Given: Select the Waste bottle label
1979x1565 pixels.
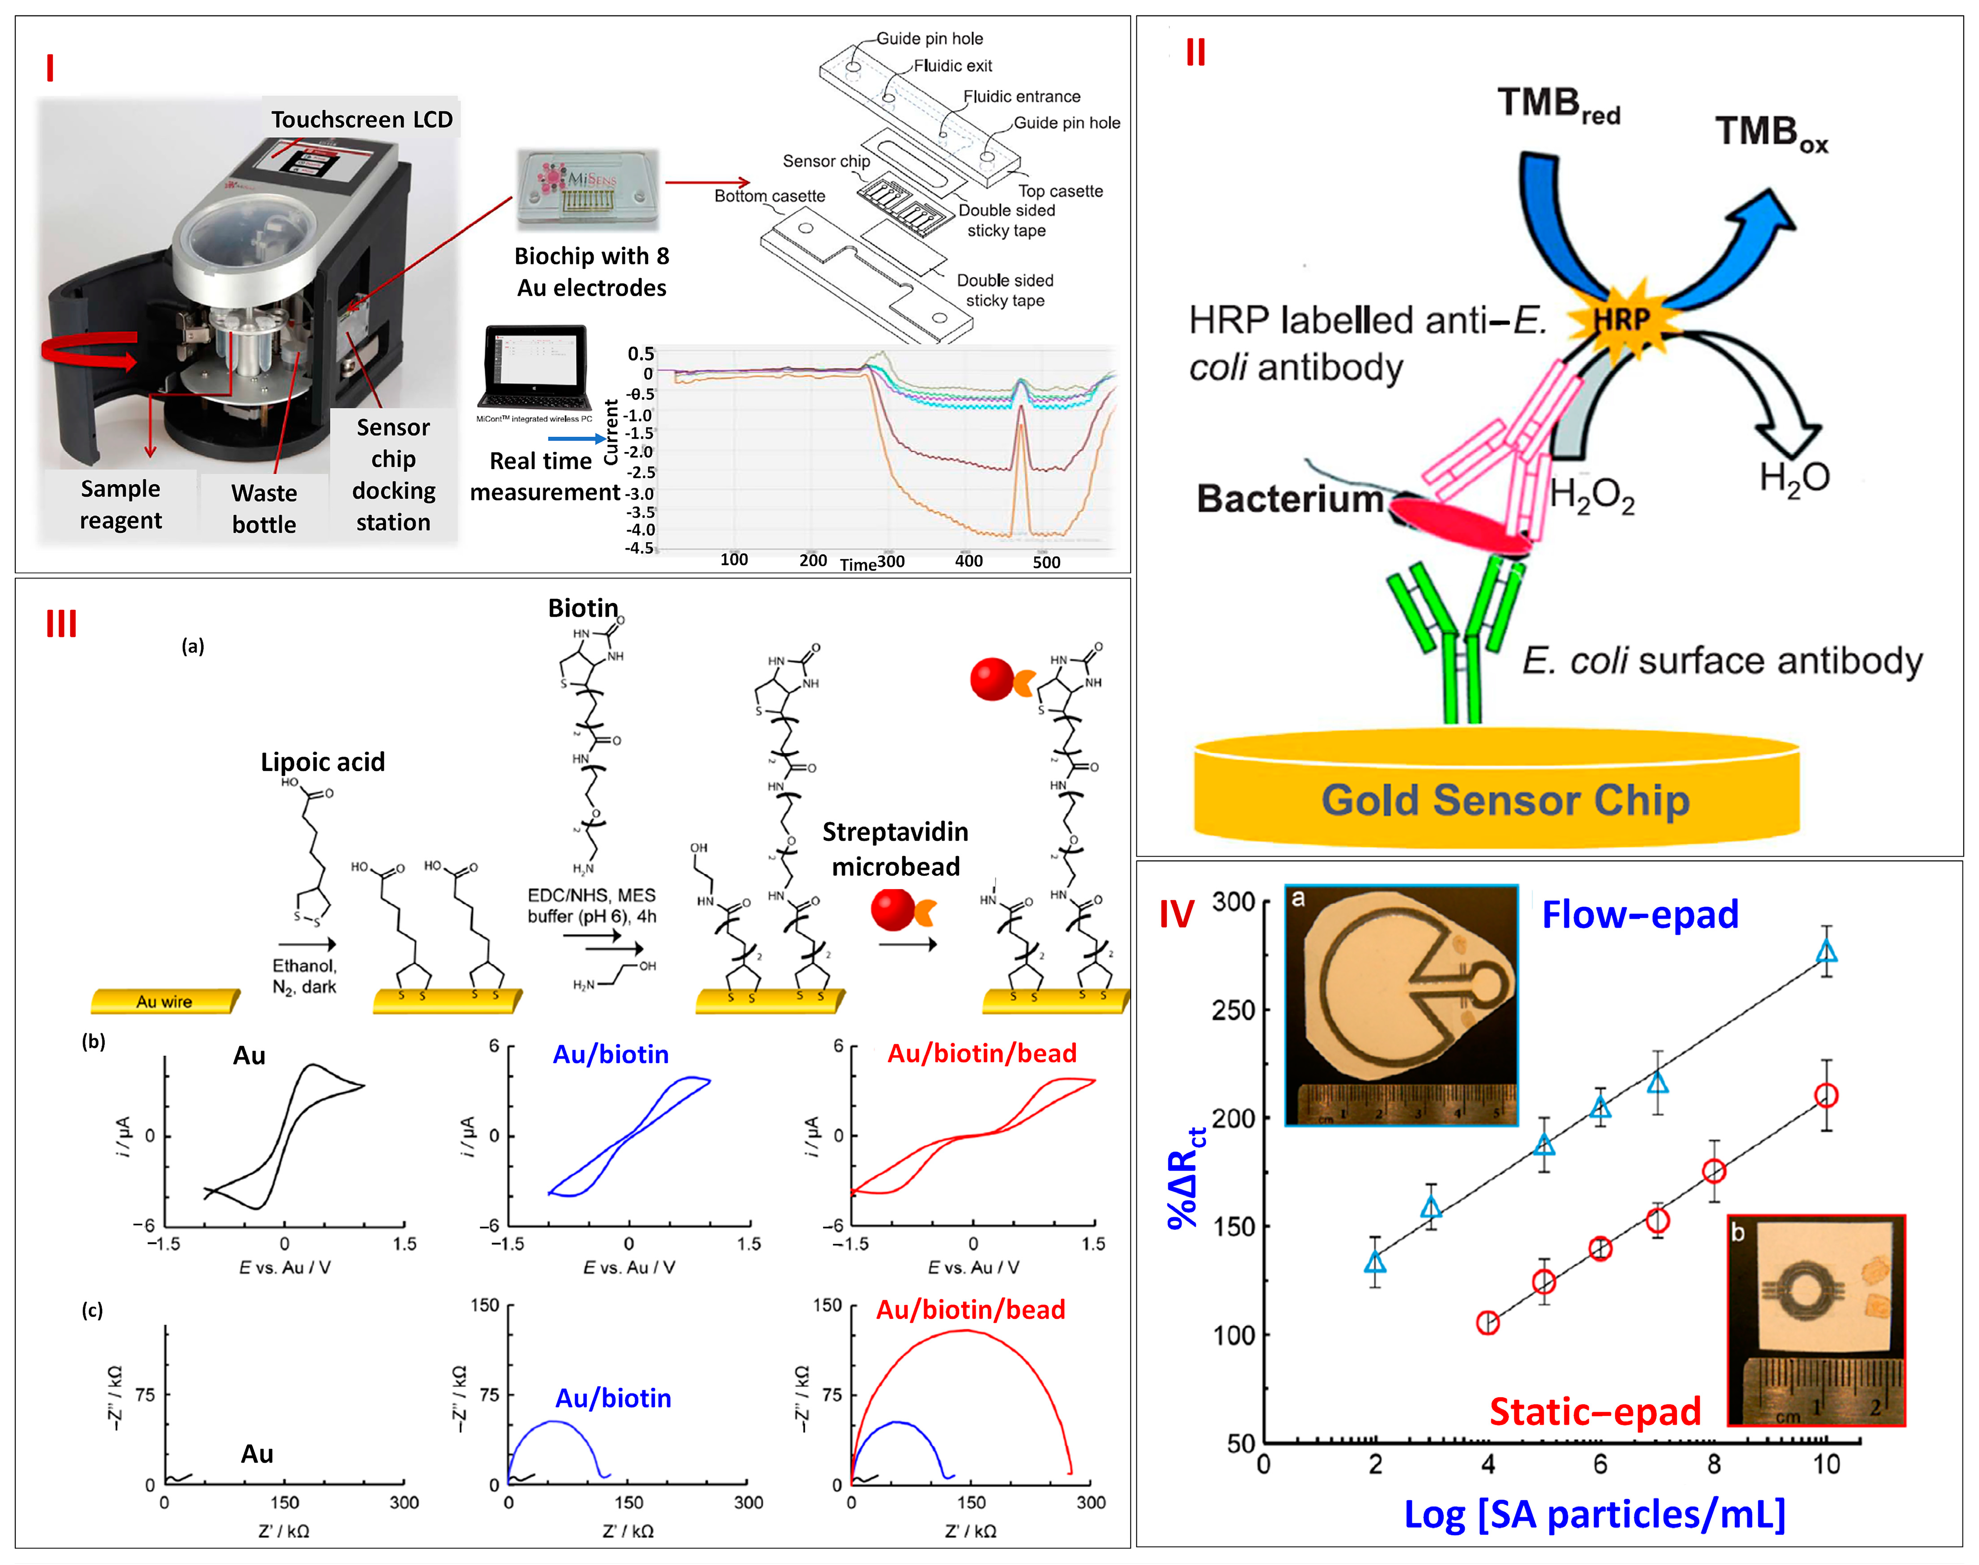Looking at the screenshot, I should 264,509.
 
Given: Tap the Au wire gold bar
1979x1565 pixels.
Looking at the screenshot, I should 165,1000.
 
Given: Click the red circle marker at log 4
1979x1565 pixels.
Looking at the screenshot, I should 1488,1322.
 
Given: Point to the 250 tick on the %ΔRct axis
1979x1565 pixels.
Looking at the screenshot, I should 1233,1010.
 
